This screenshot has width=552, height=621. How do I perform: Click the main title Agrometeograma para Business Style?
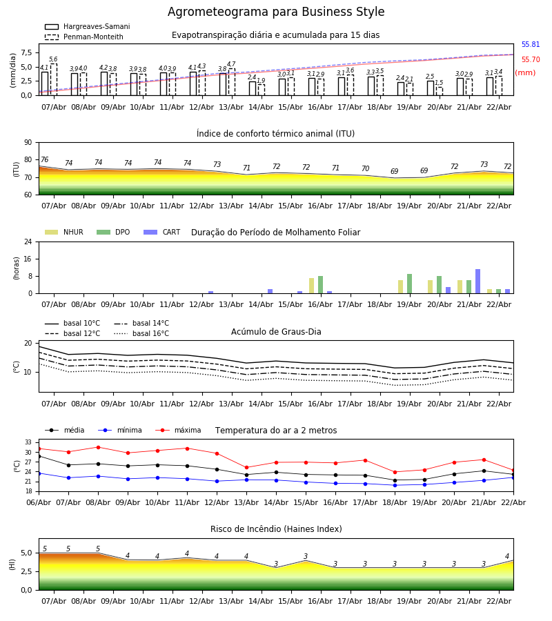[x=276, y=12]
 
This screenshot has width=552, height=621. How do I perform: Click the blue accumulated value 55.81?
[x=531, y=45]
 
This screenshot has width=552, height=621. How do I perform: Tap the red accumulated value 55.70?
[x=531, y=60]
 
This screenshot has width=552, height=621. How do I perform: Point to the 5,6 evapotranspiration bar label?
[x=53, y=59]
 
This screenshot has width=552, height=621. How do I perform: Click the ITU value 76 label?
[x=44, y=160]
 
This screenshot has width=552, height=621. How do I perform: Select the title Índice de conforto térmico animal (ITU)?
[x=275, y=134]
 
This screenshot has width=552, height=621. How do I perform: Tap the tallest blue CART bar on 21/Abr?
[x=477, y=282]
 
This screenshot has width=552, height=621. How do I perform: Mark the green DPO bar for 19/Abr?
[x=409, y=284]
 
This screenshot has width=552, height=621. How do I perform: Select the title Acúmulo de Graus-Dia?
[x=276, y=332]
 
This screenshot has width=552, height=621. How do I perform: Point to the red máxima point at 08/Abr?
[x=98, y=447]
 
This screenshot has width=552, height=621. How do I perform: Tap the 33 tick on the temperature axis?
[x=28, y=442]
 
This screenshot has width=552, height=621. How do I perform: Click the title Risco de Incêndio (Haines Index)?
[x=276, y=529]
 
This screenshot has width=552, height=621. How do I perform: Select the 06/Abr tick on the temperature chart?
[x=39, y=502]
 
